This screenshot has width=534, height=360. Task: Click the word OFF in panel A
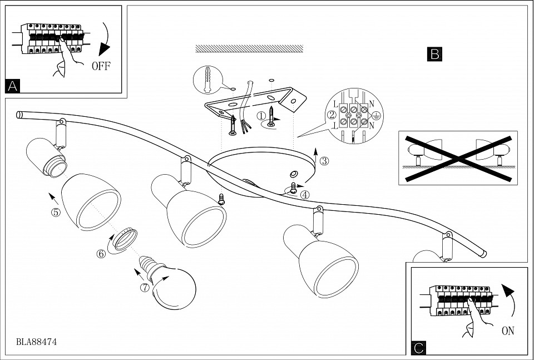[x=101, y=66]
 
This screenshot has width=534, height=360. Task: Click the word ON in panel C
[x=508, y=331]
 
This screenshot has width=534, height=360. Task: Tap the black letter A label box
[x=13, y=86]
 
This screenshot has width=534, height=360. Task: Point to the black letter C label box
[x=419, y=348]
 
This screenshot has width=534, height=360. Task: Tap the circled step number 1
[x=261, y=116]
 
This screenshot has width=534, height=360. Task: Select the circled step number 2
[x=332, y=115]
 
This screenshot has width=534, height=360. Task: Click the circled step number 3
[x=324, y=161]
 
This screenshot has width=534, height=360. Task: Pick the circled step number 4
[x=305, y=195]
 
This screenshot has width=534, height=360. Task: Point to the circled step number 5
[x=56, y=212]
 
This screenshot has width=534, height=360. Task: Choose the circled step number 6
[x=101, y=253]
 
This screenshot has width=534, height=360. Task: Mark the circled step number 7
[x=145, y=288]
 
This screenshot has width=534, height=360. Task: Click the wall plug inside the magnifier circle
[x=207, y=81]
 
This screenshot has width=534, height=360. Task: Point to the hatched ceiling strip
[x=249, y=49]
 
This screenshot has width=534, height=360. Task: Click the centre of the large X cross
[x=458, y=157]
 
